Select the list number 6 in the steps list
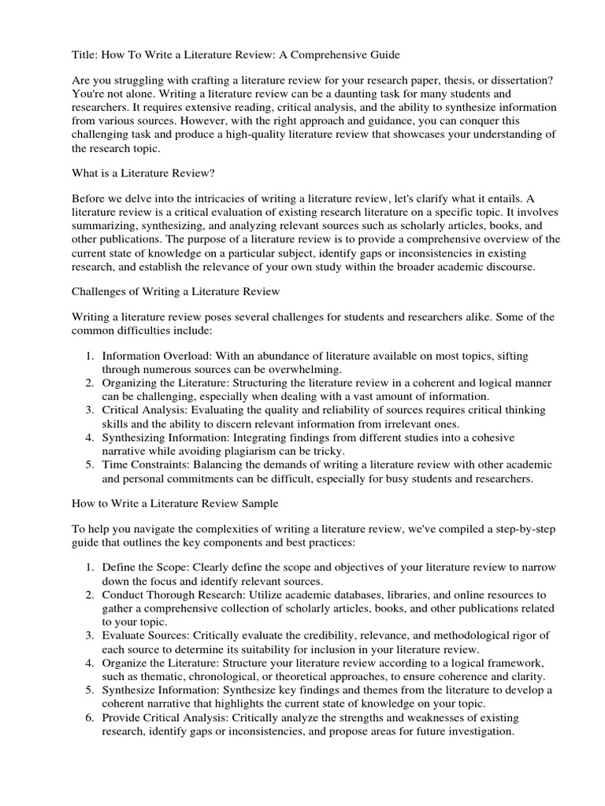click(x=89, y=717)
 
